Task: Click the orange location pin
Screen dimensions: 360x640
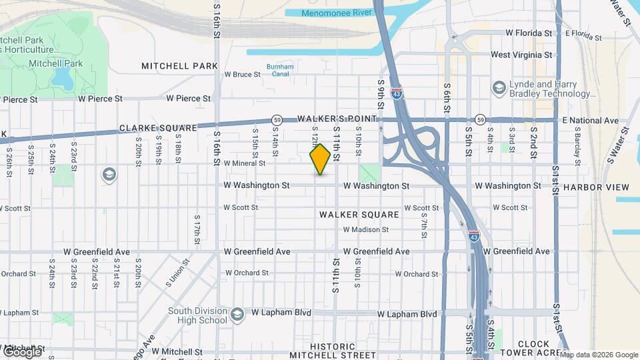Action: (x=321, y=159)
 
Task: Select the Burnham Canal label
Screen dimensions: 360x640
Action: (x=280, y=71)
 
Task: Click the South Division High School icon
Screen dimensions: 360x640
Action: (x=237, y=314)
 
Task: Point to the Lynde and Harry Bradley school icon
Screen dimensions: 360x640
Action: (x=499, y=88)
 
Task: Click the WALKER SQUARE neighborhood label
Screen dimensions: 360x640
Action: (x=359, y=215)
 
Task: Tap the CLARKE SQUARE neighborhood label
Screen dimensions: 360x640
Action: (x=158, y=128)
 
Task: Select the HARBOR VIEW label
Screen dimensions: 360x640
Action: (x=596, y=187)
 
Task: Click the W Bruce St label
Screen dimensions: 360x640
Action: (x=243, y=75)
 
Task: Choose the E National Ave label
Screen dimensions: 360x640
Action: (x=591, y=121)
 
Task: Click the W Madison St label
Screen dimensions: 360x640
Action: (x=366, y=230)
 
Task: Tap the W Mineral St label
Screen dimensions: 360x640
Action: (x=245, y=163)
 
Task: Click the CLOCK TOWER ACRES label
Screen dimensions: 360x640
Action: (x=533, y=349)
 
